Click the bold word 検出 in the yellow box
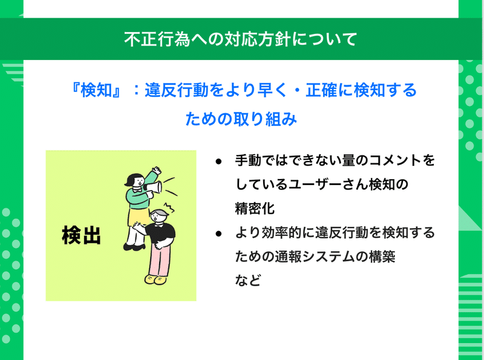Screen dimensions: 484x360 point(82,235)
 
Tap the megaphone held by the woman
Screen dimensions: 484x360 point(153,187)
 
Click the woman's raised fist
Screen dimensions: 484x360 point(157,171)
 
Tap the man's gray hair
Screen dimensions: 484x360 point(160,212)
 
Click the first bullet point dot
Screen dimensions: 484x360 point(218,162)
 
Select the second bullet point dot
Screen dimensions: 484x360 point(218,234)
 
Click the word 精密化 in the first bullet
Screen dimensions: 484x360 point(255,208)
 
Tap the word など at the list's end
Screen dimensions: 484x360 point(248,280)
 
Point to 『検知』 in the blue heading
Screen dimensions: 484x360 point(96,90)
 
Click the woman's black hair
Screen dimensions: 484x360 point(133,179)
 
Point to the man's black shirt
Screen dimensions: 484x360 point(160,233)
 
